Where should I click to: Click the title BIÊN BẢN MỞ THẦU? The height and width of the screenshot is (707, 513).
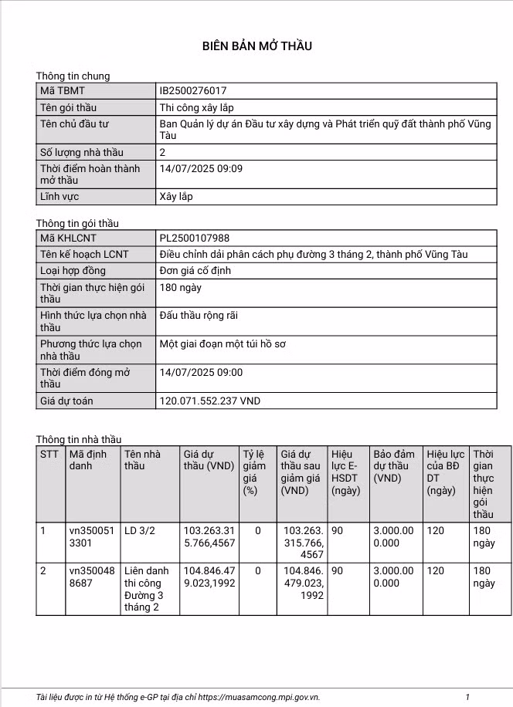tap(256, 46)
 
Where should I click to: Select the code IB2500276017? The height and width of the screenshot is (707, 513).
tap(193, 91)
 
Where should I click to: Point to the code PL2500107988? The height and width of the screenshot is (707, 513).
tap(195, 238)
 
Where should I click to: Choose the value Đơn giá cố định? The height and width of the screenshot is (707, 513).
tap(195, 271)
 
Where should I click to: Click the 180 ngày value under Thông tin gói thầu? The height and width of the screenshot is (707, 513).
tap(180, 287)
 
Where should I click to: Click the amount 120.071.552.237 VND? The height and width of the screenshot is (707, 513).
tap(209, 401)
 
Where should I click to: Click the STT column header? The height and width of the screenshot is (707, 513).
tap(49, 454)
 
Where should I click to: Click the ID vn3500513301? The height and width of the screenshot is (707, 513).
tap(91, 537)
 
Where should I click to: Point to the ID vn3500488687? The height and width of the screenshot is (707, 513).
tap(91, 577)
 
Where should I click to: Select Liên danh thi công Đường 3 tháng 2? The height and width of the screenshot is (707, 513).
tap(144, 589)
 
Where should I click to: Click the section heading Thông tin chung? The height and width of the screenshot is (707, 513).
tap(73, 76)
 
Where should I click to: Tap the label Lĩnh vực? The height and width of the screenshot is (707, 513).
tap(62, 197)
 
